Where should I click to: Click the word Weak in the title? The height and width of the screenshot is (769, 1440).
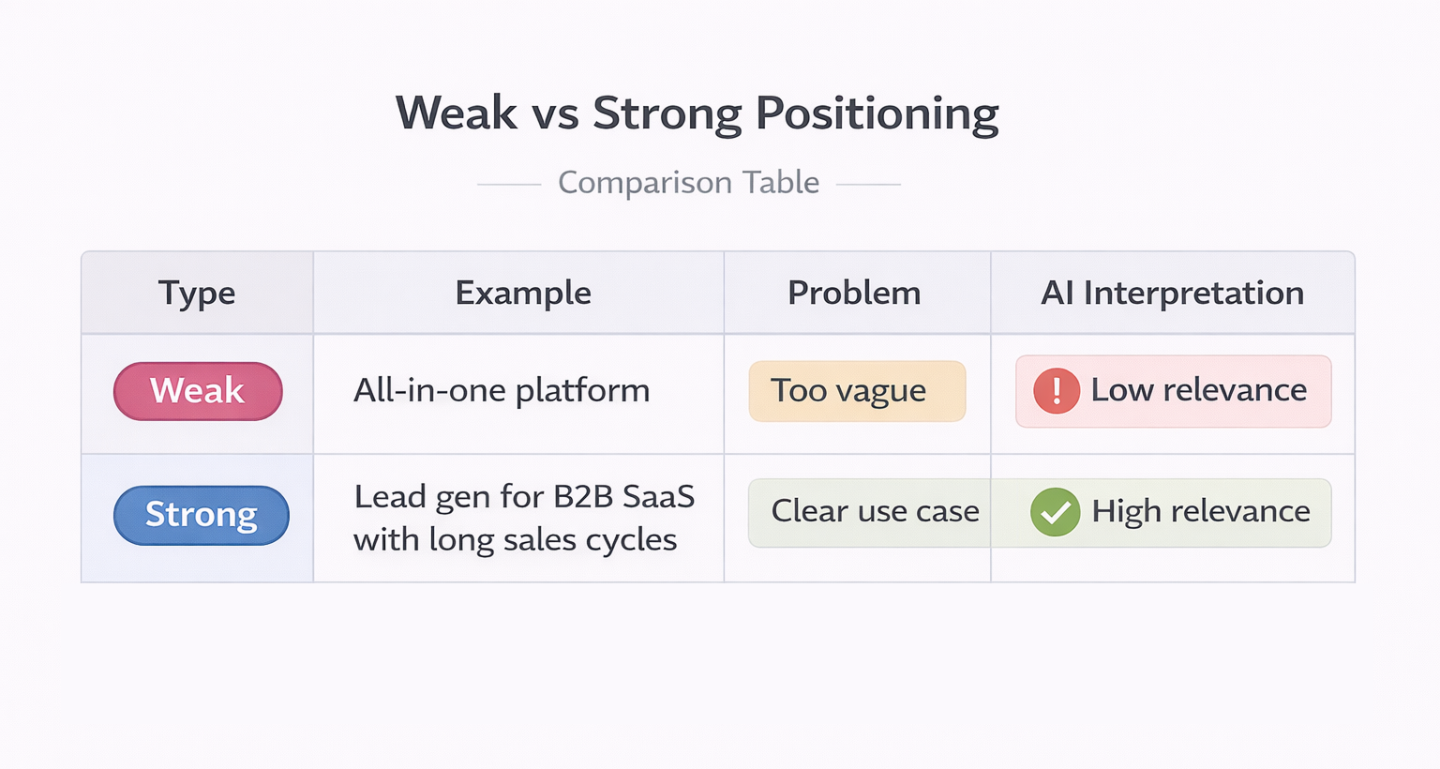(456, 113)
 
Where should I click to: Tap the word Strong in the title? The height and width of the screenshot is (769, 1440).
(667, 113)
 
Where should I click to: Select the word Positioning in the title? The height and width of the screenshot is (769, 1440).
(877, 113)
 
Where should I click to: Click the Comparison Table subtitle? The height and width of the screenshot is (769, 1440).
(688, 182)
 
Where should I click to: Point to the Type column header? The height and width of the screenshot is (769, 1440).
(197, 293)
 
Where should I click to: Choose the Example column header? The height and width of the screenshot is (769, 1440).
(523, 293)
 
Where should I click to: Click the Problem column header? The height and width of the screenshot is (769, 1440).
(854, 293)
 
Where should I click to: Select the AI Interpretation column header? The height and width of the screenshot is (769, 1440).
(1172, 293)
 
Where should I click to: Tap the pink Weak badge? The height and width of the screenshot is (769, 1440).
(198, 391)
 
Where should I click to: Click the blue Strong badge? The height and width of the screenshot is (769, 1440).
(201, 515)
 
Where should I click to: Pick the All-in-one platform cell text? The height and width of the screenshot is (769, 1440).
(502, 390)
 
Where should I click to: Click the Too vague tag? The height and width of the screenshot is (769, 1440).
(848, 390)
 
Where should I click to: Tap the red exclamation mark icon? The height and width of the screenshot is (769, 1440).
(1057, 391)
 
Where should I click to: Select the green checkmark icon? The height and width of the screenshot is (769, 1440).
(1055, 512)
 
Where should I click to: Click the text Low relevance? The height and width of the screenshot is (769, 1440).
(1198, 389)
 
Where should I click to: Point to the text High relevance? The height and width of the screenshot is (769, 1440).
(1201, 511)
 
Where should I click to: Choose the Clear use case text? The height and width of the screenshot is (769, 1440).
(875, 511)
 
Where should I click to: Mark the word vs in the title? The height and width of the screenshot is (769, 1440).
(554, 113)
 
